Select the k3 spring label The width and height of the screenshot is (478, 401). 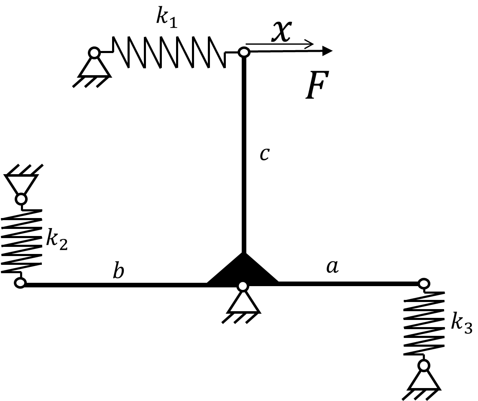click(x=462, y=323)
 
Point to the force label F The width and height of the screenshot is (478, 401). click(x=317, y=85)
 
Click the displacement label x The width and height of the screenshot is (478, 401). click(x=282, y=31)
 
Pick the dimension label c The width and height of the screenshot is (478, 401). click(x=265, y=154)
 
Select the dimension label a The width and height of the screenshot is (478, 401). click(x=332, y=266)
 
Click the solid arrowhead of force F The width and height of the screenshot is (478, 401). click(x=327, y=51)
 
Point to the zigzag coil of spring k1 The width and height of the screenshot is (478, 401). click(x=169, y=52)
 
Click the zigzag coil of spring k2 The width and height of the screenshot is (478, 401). click(x=22, y=241)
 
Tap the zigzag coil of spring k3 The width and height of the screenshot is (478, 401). click(x=424, y=323)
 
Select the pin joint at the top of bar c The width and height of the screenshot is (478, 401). click(x=244, y=52)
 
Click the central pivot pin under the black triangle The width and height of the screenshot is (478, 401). click(x=243, y=286)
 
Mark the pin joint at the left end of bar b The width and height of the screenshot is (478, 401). click(x=20, y=283)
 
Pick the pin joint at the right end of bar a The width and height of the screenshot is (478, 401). click(x=424, y=284)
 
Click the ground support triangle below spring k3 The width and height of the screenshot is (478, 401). click(x=424, y=380)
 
